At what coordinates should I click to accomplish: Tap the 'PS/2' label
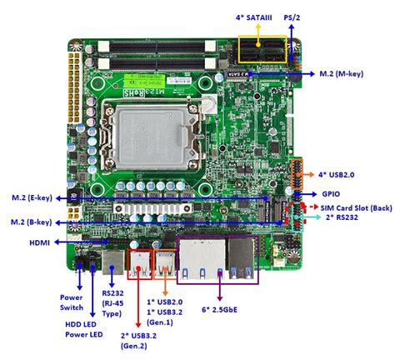292,16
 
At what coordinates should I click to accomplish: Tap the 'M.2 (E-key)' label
31,198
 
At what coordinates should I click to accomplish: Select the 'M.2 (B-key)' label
31,222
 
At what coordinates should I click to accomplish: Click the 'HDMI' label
37,244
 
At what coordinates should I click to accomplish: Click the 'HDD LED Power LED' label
84,329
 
